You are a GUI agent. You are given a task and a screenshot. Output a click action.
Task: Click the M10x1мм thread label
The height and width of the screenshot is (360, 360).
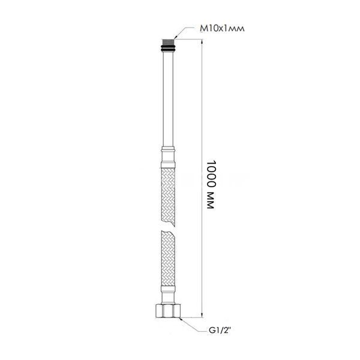222,28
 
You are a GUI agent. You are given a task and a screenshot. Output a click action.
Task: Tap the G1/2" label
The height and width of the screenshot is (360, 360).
219,331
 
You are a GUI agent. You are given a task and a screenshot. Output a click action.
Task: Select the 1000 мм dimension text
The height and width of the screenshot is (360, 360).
211,184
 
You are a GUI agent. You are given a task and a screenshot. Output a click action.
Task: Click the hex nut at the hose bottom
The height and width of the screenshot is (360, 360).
168,311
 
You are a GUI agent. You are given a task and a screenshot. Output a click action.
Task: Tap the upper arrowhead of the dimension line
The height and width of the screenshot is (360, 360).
202,42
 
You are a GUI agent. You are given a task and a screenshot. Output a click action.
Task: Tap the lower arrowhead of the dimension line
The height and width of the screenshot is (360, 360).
202,315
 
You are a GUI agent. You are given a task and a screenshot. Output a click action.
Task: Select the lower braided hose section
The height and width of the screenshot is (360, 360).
168,258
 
